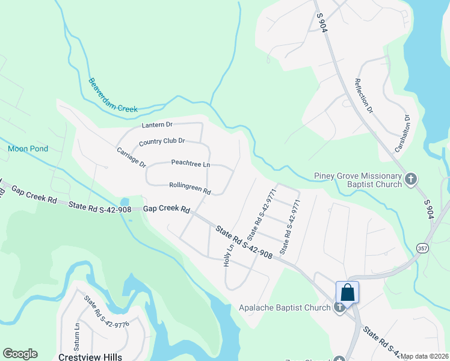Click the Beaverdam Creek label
pyautogui.click(x=113, y=95)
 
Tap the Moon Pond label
pyautogui.click(x=28, y=149)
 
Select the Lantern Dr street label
pyautogui.click(x=157, y=125)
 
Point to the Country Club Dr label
pyautogui.click(x=161, y=142)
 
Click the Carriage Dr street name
pyautogui.click(x=131, y=156)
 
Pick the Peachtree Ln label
pyautogui.click(x=190, y=164)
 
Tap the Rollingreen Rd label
pyautogui.click(x=190, y=188)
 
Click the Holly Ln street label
pyautogui.click(x=229, y=255)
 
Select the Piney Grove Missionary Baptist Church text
pyautogui.click(x=357, y=180)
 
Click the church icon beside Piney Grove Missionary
pyautogui.click(x=411, y=179)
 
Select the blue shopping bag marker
pyautogui.click(x=347, y=292)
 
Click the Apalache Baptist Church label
pyautogui.click(x=285, y=308)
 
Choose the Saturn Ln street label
pyautogui.click(x=76, y=333)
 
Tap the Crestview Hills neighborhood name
pyautogui.click(x=90, y=356)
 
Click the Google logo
pyautogui.click(x=20, y=354)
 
